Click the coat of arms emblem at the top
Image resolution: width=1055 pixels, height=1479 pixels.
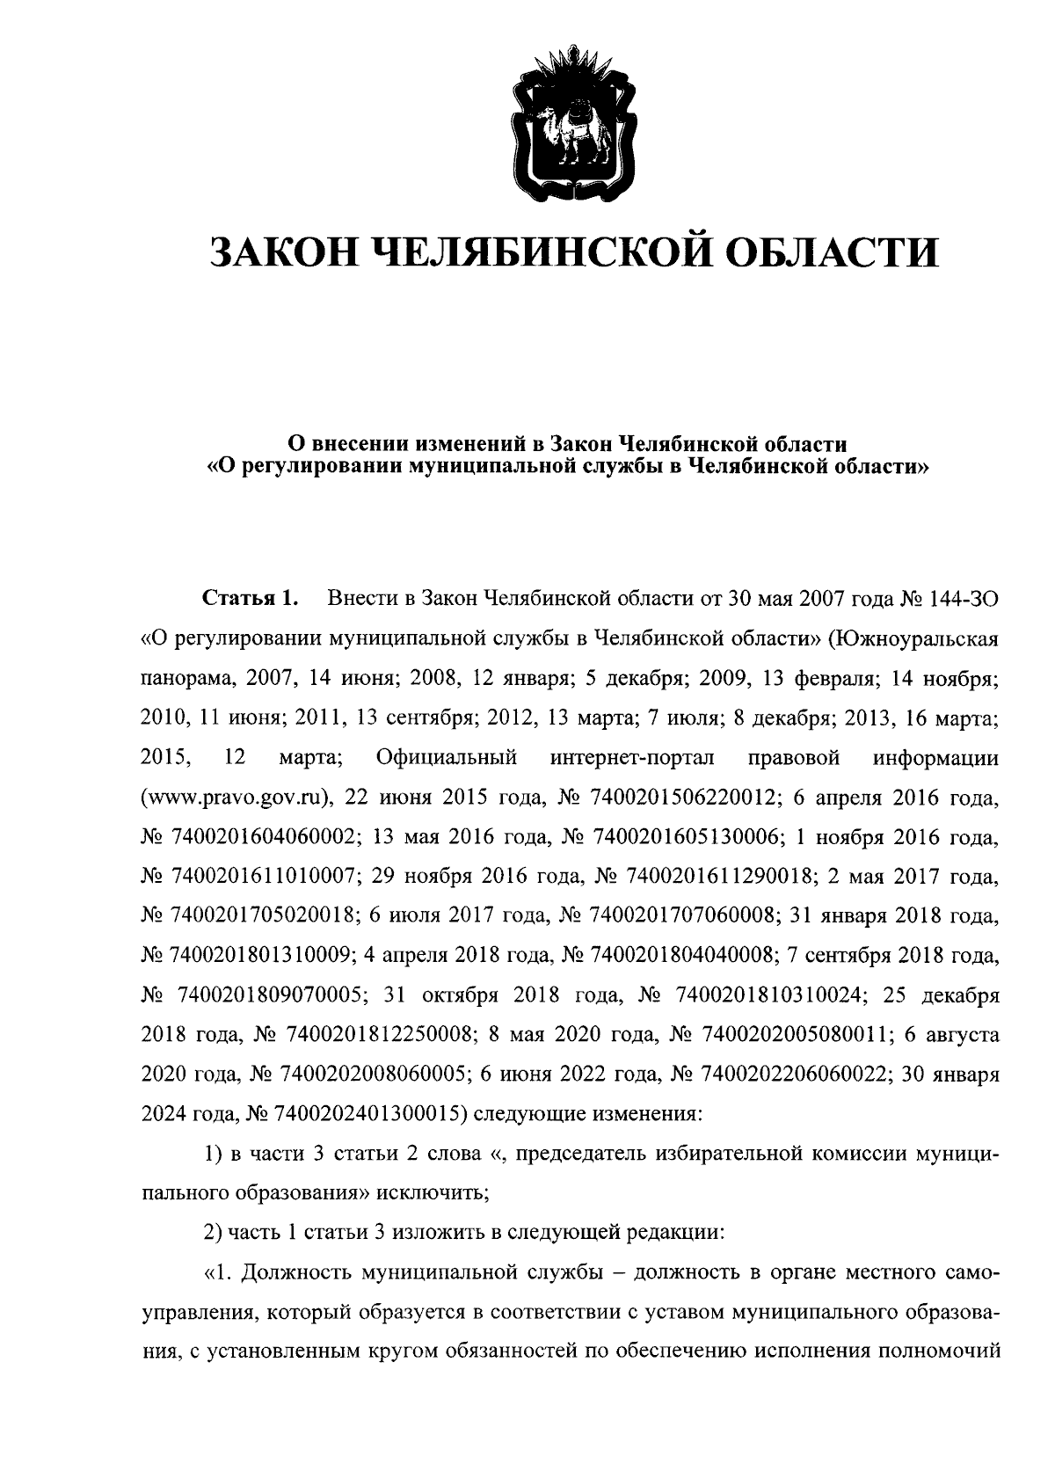pos(572,123)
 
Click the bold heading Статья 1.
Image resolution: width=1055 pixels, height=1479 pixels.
pos(252,600)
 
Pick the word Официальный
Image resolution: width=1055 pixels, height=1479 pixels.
pos(446,757)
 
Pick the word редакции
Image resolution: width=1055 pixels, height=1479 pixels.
pos(675,1232)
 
